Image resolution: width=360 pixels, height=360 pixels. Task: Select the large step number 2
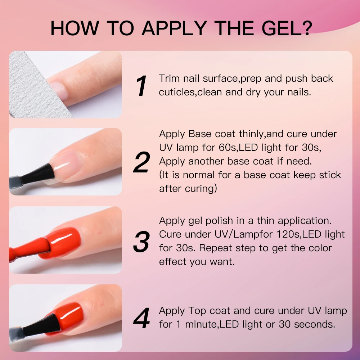click(141, 163)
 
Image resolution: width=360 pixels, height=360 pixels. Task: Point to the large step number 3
click(141, 242)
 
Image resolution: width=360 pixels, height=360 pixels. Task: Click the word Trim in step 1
click(169, 78)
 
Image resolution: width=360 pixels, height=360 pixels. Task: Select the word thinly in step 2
click(252, 134)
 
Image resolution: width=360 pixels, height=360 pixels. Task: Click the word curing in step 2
click(201, 189)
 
